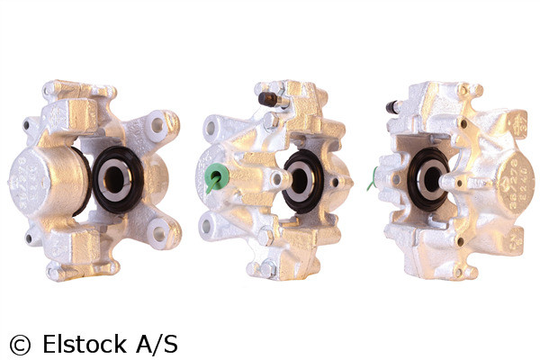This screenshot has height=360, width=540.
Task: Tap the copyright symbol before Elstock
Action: [19, 344]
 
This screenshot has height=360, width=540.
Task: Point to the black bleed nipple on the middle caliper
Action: [267, 97]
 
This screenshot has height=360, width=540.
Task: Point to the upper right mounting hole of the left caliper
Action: [160, 126]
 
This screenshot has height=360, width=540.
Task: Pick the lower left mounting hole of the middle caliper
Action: [211, 227]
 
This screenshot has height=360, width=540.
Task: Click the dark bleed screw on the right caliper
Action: [393, 106]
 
